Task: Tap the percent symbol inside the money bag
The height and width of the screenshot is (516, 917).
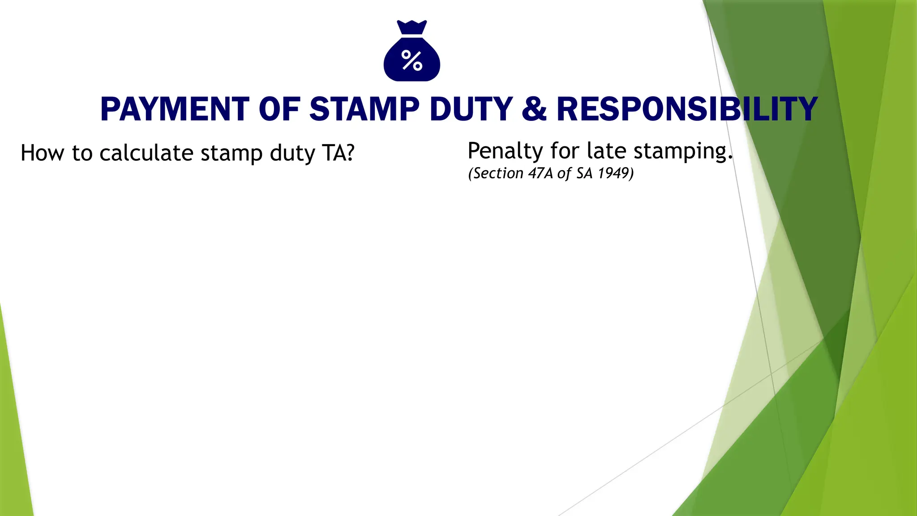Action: [x=412, y=60]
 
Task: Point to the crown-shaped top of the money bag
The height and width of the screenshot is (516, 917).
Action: [x=412, y=27]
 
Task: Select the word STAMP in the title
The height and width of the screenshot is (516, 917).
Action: [x=364, y=110]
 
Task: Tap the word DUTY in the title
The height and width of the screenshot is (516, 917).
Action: [x=471, y=110]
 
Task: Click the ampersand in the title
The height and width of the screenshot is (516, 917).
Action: [x=534, y=110]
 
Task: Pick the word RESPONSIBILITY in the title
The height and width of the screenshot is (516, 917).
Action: [x=687, y=110]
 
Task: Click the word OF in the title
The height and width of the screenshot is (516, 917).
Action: [x=279, y=110]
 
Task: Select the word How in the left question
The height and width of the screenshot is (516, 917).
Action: [x=42, y=153]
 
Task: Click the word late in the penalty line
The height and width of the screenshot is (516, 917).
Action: [x=607, y=151]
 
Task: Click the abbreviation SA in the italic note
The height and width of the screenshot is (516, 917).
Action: [x=584, y=173]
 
